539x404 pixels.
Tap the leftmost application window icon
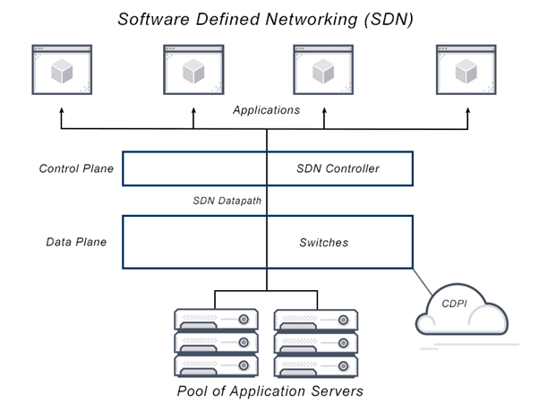(x=62, y=69)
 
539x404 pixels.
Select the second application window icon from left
(x=192, y=69)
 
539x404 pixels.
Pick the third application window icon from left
(x=324, y=69)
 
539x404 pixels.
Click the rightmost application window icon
(x=465, y=69)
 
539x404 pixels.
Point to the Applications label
(x=266, y=110)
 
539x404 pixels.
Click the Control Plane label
(x=76, y=168)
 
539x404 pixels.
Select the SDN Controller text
(x=338, y=168)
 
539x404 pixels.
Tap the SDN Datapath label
(x=227, y=201)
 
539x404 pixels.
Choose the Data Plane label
(x=76, y=242)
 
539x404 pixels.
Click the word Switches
(x=323, y=242)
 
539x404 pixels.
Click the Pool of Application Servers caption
(x=269, y=391)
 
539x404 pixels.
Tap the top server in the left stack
(x=216, y=319)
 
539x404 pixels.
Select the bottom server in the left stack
(x=216, y=365)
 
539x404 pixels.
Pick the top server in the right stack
(x=315, y=319)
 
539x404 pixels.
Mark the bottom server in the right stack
(x=315, y=365)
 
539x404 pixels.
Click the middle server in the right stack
(x=315, y=342)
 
